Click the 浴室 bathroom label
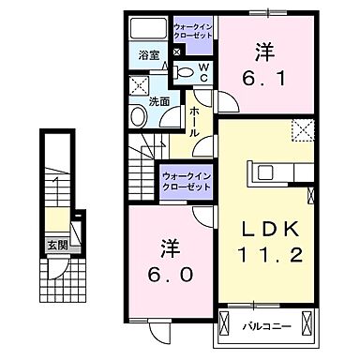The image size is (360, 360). tap(148, 55)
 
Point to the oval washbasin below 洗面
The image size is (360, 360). tap(138, 117)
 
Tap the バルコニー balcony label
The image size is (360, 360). tap(267, 327)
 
